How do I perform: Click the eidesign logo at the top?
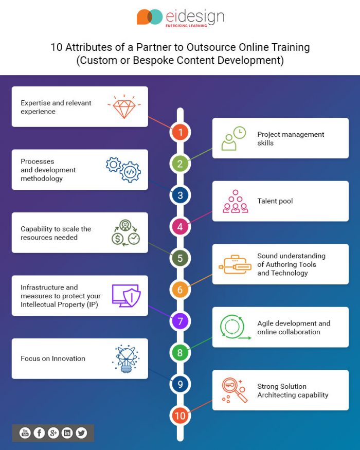tap(180, 17)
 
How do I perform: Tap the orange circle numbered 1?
tap(180, 132)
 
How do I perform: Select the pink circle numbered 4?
tap(180, 226)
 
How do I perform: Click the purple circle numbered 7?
tap(180, 321)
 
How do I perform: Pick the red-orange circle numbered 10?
tap(180, 415)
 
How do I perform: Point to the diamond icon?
tap(124, 106)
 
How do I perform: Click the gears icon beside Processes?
tap(123, 170)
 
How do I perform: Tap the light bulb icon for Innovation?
tap(125, 358)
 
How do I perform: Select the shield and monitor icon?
tap(126, 296)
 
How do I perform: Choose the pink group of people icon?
tap(236, 201)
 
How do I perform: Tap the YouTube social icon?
tap(25, 433)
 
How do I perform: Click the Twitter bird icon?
tap(81, 433)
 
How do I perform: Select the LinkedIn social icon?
tap(67, 433)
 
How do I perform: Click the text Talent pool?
tap(275, 201)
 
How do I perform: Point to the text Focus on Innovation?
tap(53, 358)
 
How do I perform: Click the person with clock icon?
tap(233, 138)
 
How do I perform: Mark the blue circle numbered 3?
tap(180, 195)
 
